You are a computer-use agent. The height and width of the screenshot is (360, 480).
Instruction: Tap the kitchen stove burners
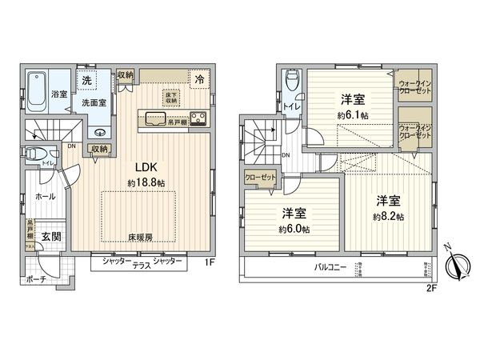[x=197, y=121]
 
